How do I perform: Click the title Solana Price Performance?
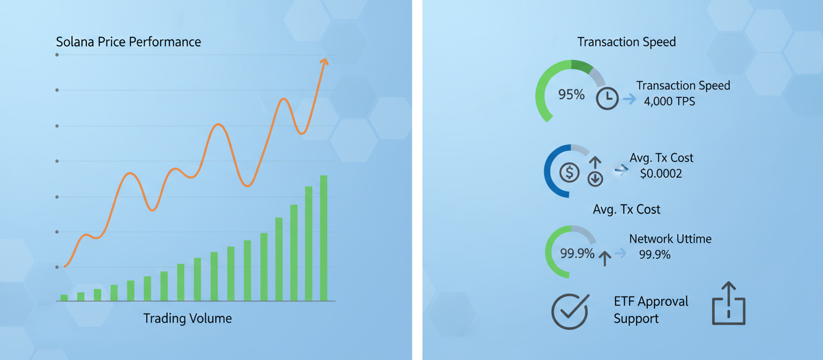click(x=129, y=42)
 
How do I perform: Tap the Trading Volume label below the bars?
click(x=188, y=319)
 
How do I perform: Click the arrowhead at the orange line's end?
click(x=324, y=61)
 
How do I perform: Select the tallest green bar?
click(x=324, y=238)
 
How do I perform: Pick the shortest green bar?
click(x=64, y=297)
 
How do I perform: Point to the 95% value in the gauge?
click(x=571, y=95)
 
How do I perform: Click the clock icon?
click(x=608, y=99)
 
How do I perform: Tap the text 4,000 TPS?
click(x=669, y=101)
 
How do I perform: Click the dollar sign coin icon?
click(x=569, y=172)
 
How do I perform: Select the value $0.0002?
click(x=661, y=174)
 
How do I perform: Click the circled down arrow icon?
click(x=595, y=179)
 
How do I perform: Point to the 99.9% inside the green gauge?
click(x=577, y=253)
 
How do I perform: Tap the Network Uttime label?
click(x=670, y=239)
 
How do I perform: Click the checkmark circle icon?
click(x=570, y=311)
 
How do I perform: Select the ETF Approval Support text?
click(x=650, y=310)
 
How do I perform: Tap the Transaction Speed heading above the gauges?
click(x=626, y=42)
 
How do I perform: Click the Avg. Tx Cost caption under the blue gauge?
click(x=626, y=209)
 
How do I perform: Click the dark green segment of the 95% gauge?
click(x=582, y=65)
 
